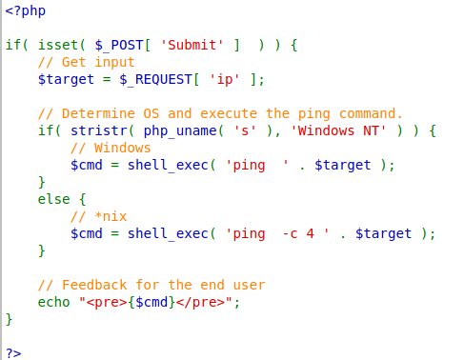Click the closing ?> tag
pyautogui.click(x=12, y=351)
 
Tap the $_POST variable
pyautogui.click(x=120, y=45)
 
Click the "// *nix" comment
pyautogui.click(x=100, y=216)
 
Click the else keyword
pyautogui.click(x=54, y=199)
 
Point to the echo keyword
pyautogui.click(x=54, y=301)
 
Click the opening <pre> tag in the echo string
pyautogui.click(x=108, y=301)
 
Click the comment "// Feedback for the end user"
pyautogui.click(x=151, y=284)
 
